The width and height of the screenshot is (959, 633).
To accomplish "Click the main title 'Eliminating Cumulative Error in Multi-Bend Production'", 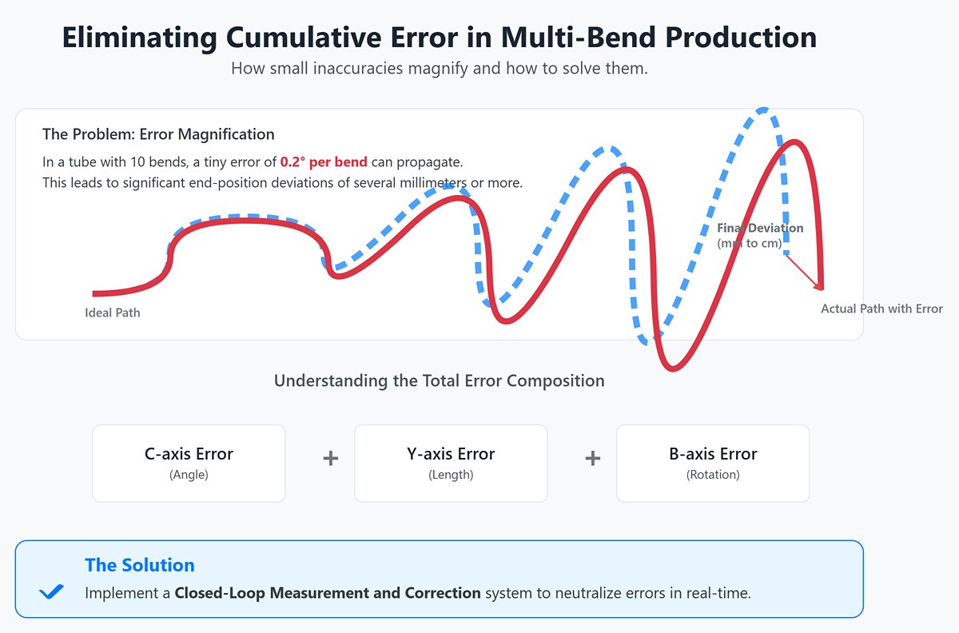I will pos(440,38).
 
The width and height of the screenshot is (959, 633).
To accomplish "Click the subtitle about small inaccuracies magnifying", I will pos(439,69).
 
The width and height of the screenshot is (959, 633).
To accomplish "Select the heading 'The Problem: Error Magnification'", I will pos(158,134).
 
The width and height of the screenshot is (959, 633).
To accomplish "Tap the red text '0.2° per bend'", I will pos(324,162).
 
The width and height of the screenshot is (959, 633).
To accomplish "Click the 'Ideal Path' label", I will pos(112,313).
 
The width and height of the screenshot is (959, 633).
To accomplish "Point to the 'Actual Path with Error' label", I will pos(881,309).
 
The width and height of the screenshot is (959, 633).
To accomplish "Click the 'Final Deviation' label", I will pos(759,229).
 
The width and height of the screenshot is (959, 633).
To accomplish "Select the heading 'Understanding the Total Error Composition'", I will pos(439,380).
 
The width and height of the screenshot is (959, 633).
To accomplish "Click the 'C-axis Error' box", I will pos(189,463).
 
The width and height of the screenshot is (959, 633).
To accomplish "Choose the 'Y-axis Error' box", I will pos(451,463).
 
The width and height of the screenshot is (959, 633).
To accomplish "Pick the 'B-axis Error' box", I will pos(713,463).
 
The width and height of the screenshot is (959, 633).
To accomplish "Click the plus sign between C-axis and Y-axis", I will pos(330,459).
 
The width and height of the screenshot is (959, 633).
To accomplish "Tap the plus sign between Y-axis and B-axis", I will pos(592,459).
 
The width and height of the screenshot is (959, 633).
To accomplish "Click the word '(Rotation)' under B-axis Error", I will pos(713,475).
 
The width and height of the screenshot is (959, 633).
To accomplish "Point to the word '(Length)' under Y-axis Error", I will pos(451,475).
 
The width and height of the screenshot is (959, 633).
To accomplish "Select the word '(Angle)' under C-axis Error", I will pos(189,475).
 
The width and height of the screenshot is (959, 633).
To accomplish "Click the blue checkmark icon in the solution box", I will pos(51,591).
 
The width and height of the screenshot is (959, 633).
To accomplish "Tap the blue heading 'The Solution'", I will pos(140,565).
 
